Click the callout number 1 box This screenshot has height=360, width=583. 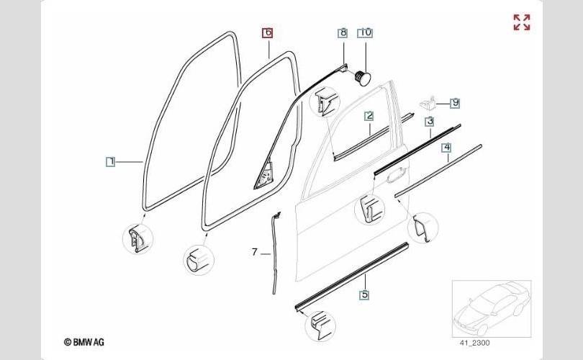(110, 162)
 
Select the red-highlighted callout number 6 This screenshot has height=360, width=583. (267, 32)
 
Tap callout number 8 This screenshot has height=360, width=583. (343, 32)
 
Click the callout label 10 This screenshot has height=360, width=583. (366, 32)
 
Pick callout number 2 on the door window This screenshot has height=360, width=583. (369, 116)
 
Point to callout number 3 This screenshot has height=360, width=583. (430, 121)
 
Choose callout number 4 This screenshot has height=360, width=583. (447, 148)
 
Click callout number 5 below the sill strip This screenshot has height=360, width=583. (365, 294)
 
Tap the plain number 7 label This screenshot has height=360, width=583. (254, 252)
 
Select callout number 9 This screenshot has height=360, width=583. (455, 103)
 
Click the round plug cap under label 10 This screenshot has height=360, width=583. (362, 78)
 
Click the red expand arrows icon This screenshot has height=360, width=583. (522, 22)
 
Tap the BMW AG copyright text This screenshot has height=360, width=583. (84, 342)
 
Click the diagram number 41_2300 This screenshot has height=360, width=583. (475, 343)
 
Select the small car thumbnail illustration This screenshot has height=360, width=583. (492, 309)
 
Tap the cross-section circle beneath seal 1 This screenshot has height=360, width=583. (138, 239)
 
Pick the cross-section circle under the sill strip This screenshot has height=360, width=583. (320, 326)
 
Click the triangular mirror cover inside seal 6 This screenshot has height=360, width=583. (265, 175)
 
